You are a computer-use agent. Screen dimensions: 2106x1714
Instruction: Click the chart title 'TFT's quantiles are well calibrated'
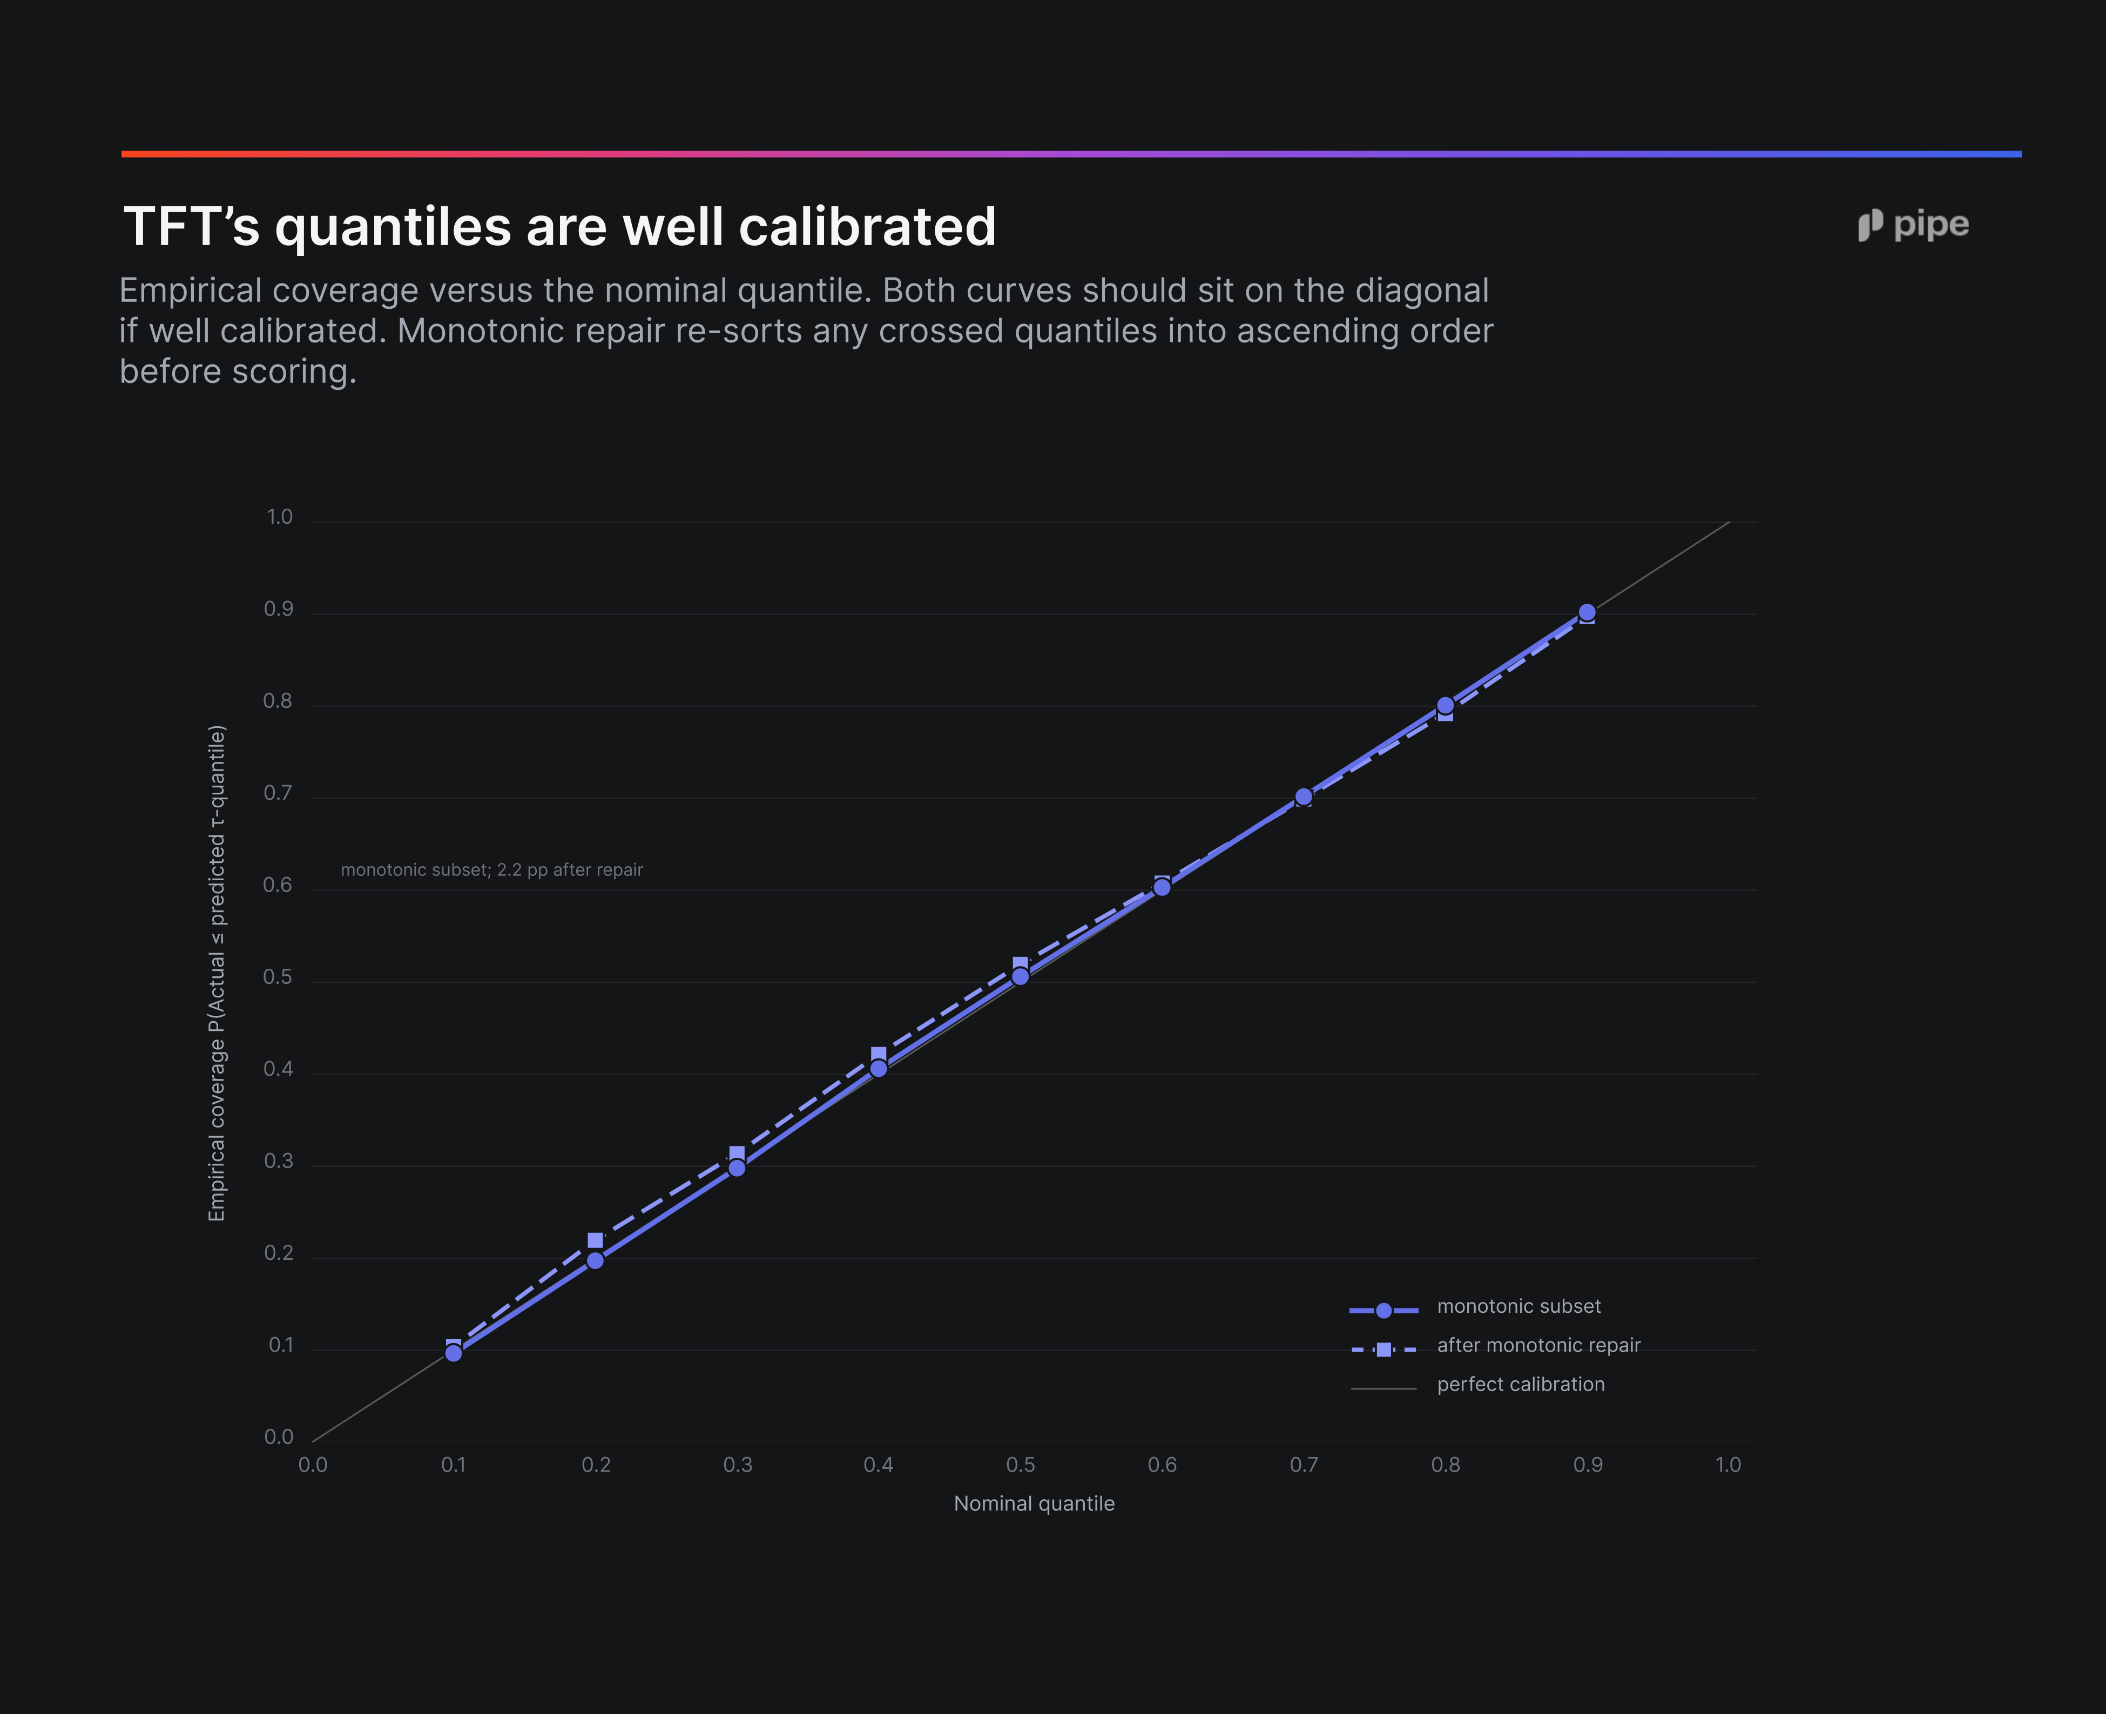559,227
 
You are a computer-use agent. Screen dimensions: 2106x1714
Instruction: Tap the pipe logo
1913,225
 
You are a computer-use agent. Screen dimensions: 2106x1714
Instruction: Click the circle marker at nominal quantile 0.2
596,1260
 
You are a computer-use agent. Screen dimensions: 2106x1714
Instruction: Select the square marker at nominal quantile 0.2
596,1240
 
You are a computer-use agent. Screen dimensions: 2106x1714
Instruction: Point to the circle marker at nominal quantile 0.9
1587,612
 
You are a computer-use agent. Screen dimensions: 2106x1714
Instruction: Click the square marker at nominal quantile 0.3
737,1154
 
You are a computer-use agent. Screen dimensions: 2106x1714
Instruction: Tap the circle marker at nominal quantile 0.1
453,1353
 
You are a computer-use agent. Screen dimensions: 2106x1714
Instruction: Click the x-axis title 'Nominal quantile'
1034,1504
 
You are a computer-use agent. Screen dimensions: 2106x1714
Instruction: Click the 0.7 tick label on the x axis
1304,1465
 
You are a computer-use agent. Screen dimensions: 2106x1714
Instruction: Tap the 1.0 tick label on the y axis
279,517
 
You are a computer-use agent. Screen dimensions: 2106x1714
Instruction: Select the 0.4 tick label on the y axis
279,1069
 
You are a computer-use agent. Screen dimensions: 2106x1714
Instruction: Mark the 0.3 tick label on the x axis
738,1465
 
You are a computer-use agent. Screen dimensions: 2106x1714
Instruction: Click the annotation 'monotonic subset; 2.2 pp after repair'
492,870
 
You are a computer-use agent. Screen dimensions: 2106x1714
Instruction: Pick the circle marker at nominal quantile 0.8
1446,705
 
